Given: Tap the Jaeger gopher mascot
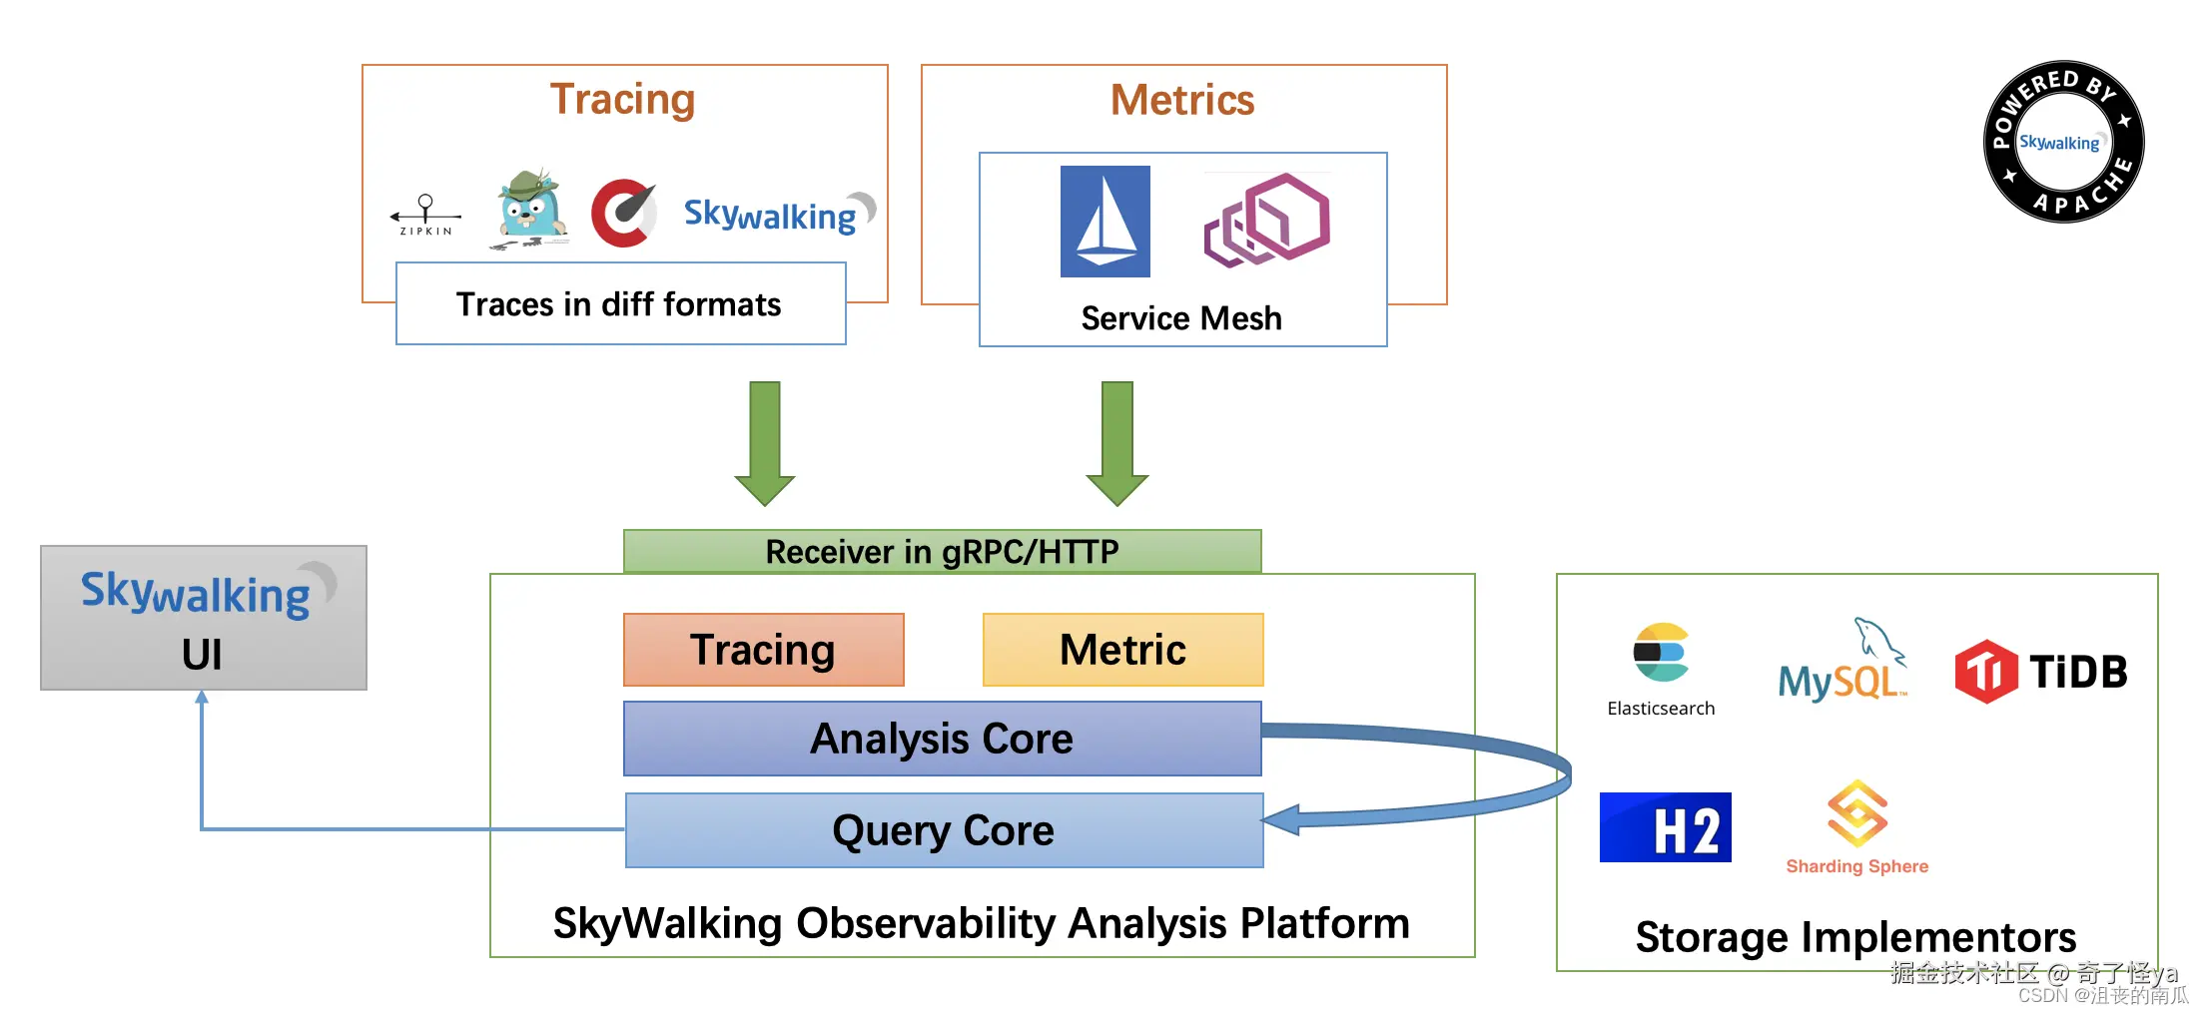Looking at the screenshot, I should (x=531, y=209).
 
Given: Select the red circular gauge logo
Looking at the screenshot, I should (x=623, y=213).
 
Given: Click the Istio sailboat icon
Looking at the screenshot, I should (x=1104, y=222).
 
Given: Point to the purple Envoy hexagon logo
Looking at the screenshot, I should (x=1266, y=221).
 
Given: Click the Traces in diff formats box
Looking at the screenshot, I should (x=620, y=303).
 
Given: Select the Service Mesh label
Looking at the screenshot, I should (x=1181, y=318).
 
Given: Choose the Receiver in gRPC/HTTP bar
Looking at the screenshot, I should (x=942, y=551).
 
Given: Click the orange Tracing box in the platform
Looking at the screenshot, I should (x=763, y=650).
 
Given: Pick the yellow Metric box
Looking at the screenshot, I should (x=1122, y=650).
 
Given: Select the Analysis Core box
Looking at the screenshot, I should (x=942, y=739).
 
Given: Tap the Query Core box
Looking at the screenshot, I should (x=944, y=830).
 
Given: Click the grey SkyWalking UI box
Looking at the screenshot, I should (x=203, y=618).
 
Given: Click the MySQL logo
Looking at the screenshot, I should (x=1841, y=664).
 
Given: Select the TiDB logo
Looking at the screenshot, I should (x=2040, y=672).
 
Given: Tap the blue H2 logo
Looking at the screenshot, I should (x=1665, y=827).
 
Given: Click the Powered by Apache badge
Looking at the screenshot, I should (x=2063, y=142).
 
